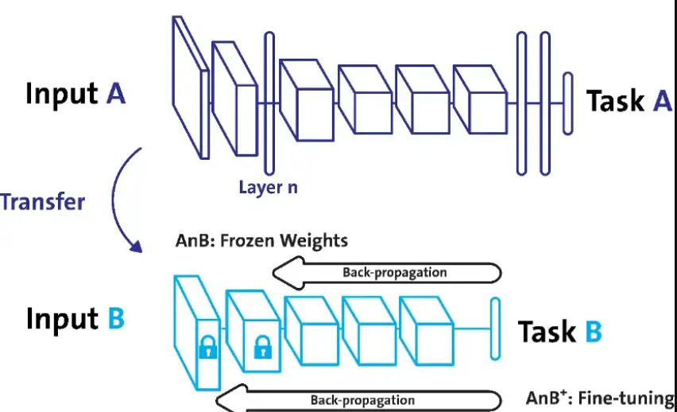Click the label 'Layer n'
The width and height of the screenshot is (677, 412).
click(x=268, y=188)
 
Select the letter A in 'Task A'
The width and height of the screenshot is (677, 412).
click(x=662, y=101)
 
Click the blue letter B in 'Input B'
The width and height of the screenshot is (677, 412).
click(x=115, y=319)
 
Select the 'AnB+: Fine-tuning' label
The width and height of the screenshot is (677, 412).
click(x=600, y=398)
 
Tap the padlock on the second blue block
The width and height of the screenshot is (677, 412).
click(x=261, y=347)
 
